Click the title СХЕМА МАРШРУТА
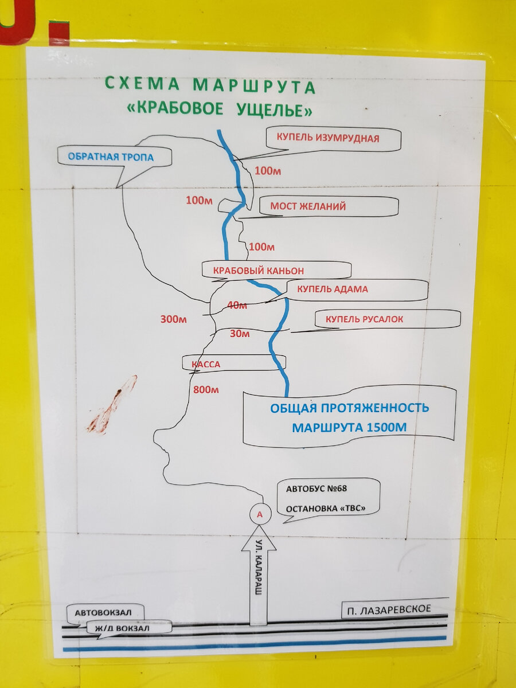(x=209, y=86)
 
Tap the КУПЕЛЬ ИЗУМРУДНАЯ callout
(x=328, y=138)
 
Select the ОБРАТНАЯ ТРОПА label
(x=111, y=156)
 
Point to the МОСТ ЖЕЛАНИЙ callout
(x=308, y=206)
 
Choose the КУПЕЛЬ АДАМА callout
(x=333, y=290)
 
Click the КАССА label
(x=206, y=363)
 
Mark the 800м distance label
(x=206, y=390)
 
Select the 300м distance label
(x=173, y=319)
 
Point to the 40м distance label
(x=237, y=306)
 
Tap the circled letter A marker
(x=260, y=514)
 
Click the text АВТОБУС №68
(x=317, y=489)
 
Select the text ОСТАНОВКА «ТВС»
(x=325, y=509)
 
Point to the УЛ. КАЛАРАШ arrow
(x=258, y=579)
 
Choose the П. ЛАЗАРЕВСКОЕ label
(x=389, y=608)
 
